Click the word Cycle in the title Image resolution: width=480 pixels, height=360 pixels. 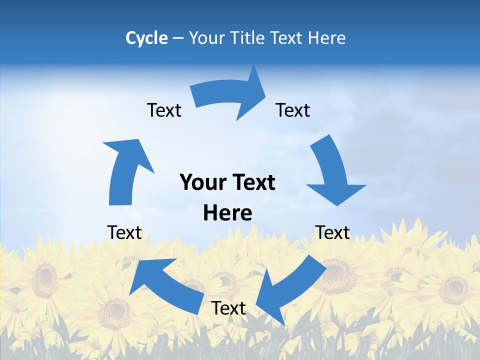pyautogui.click(x=146, y=38)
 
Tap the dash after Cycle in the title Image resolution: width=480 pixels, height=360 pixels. pyautogui.click(x=178, y=38)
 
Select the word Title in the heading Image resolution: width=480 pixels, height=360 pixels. pyautogui.click(x=250, y=38)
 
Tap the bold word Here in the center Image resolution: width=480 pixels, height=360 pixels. pyautogui.click(x=227, y=213)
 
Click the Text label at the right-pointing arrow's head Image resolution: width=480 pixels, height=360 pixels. pyautogui.click(x=293, y=110)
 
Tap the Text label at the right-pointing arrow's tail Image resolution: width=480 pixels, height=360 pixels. pyautogui.click(x=164, y=110)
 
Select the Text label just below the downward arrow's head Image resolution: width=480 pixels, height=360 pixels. pyautogui.click(x=332, y=232)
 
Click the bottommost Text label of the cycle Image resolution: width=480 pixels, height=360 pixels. pyautogui.click(x=228, y=308)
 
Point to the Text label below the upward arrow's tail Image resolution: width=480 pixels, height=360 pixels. pyautogui.click(x=124, y=232)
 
